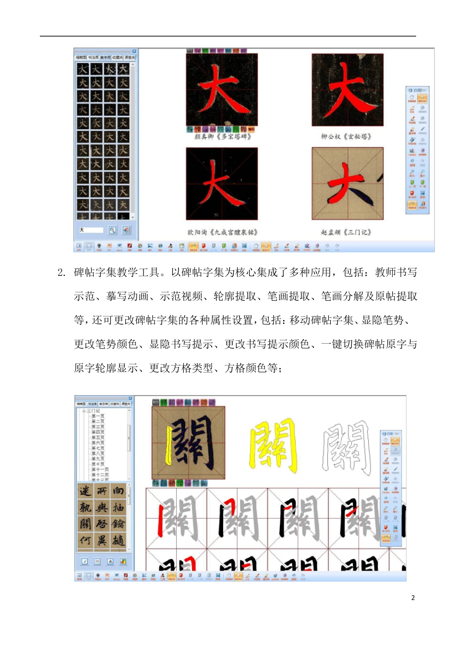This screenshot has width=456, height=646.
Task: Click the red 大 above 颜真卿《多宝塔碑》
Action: click(221, 90)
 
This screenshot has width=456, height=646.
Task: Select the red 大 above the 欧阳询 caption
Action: click(221, 183)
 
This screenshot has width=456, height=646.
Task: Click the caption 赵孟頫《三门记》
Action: click(346, 232)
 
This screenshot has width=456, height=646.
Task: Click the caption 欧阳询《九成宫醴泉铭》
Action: click(223, 232)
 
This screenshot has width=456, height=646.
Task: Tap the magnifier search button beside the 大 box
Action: click(112, 230)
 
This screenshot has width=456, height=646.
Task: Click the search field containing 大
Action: click(91, 230)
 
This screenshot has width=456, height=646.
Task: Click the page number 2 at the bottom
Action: click(413, 597)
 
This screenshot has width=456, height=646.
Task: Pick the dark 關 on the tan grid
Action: click(189, 443)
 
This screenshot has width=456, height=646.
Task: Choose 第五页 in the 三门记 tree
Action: click(98, 437)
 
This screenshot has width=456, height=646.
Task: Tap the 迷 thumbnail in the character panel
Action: click(85, 491)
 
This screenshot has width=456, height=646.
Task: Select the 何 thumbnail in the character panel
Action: click(85, 540)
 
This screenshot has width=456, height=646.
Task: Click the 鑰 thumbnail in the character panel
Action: click(118, 523)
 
